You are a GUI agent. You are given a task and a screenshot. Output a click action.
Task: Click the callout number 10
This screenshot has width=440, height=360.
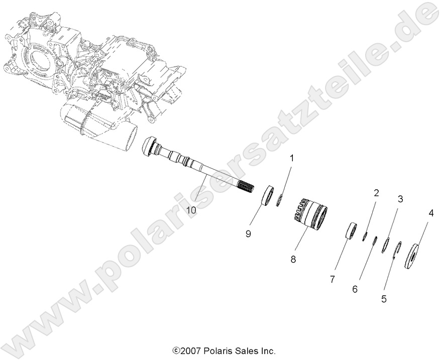(191, 210)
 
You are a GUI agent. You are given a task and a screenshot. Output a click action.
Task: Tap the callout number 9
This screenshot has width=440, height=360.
(248, 233)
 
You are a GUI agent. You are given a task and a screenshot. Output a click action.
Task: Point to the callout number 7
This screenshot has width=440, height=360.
(332, 279)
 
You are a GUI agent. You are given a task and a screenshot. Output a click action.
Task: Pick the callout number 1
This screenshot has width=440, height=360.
(291, 158)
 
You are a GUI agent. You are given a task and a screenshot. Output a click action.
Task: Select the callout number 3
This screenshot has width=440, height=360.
(400, 199)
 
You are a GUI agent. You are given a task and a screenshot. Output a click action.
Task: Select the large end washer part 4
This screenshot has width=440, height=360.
(414, 256)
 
